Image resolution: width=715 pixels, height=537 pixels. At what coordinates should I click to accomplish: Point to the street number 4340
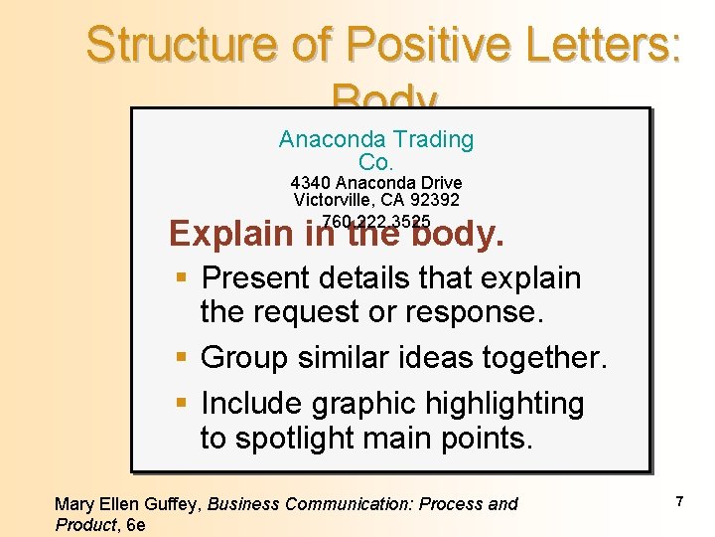310,183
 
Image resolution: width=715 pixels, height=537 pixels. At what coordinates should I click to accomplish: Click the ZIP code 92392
433,200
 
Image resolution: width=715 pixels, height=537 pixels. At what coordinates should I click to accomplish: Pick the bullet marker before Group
181,358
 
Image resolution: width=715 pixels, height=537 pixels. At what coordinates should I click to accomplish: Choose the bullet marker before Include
181,404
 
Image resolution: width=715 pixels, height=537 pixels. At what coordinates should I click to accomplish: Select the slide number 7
679,502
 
